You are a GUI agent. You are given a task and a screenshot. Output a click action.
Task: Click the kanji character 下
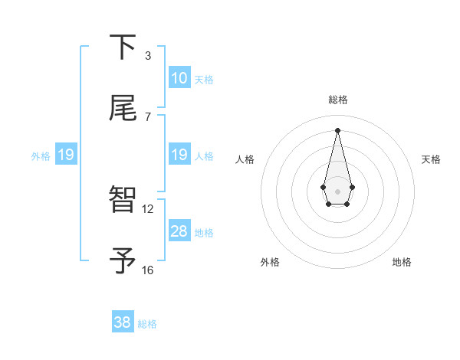point(123,47)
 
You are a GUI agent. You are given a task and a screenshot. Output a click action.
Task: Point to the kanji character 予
point(123,260)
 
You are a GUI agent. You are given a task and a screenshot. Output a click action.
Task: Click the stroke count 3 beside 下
point(148,56)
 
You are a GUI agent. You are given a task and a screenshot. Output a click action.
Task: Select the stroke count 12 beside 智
point(148,208)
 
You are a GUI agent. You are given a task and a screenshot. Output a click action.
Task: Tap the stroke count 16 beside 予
point(148,270)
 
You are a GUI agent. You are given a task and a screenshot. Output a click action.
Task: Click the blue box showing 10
point(179,78)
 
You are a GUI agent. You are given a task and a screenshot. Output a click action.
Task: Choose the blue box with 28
point(179,231)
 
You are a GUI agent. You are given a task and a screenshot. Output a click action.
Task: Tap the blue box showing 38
point(123,322)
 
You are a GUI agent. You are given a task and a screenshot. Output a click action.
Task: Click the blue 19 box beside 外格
point(66,155)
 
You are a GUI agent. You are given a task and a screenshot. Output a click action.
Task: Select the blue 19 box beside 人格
point(179,155)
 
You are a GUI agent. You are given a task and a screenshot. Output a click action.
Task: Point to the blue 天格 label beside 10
point(204,80)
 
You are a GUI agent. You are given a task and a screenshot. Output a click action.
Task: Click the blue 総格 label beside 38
point(147,324)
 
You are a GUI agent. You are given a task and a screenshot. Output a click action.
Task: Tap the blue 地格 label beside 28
point(204,233)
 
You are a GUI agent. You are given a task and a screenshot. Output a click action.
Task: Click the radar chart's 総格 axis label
point(337,100)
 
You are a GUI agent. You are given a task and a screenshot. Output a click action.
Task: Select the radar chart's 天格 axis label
point(431,159)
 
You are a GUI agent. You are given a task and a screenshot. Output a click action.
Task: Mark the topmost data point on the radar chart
point(337,129)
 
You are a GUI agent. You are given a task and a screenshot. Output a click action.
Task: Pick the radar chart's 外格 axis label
point(270,262)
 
